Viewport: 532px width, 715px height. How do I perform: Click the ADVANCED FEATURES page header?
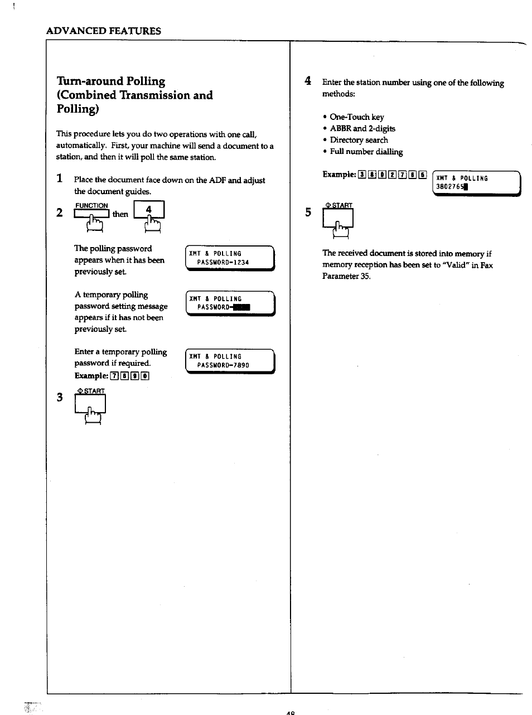pyautogui.click(x=104, y=31)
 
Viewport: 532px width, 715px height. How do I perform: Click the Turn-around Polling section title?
pyautogui.click(x=134, y=94)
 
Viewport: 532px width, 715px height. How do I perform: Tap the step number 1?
pyautogui.click(x=59, y=179)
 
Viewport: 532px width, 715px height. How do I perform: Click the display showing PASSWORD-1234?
pyautogui.click(x=230, y=258)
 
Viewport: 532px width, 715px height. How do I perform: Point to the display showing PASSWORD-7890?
pyautogui.click(x=230, y=361)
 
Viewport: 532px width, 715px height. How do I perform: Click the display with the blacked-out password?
pyautogui.click(x=230, y=303)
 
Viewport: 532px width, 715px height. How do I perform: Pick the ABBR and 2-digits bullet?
pyautogui.click(x=362, y=128)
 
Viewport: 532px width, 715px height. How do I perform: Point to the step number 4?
pyautogui.click(x=307, y=81)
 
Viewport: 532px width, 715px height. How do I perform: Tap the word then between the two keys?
pyautogui.click(x=120, y=214)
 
